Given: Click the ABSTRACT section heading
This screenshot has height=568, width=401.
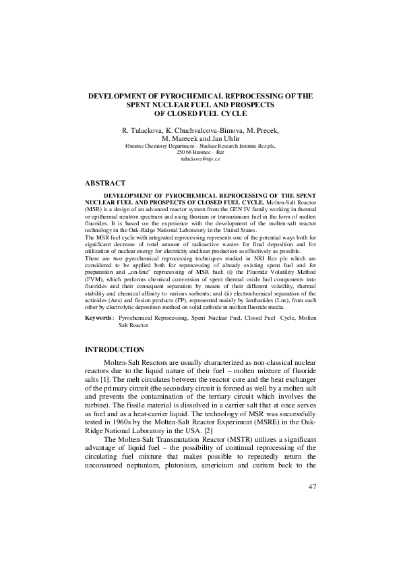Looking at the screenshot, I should (106, 183).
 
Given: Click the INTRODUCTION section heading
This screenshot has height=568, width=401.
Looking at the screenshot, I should (114, 349).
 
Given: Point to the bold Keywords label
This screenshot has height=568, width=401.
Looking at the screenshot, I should (98, 317).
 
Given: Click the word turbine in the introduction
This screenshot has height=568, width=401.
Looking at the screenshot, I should (100, 400).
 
